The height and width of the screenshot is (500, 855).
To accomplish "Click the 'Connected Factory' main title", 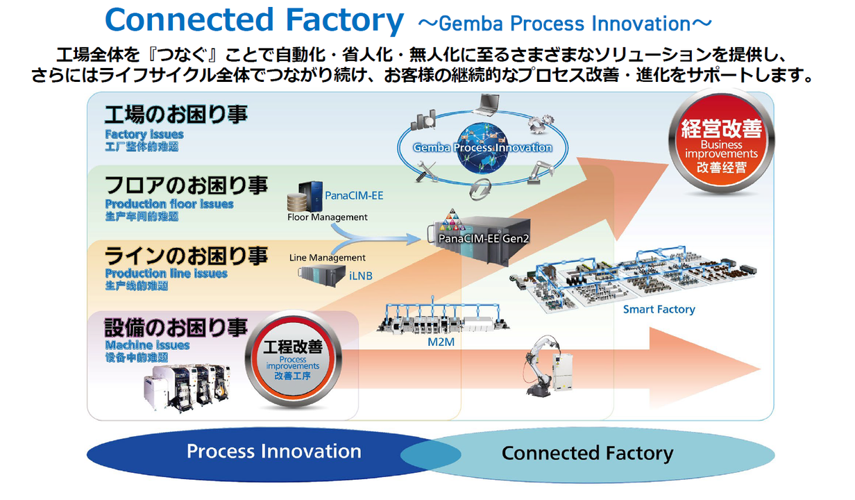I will point(254,21).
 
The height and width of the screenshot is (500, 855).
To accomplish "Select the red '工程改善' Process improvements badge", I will point(292,360).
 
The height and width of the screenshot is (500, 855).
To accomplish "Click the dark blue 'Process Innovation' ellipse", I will point(273,452).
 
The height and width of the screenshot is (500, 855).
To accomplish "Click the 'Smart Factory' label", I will point(658,309).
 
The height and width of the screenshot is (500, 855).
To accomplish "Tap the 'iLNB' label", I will point(360,276).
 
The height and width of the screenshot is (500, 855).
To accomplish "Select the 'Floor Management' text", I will point(327,217).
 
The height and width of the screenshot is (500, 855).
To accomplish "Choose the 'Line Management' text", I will point(327,258).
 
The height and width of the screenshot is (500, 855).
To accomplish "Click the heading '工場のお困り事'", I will point(176,115).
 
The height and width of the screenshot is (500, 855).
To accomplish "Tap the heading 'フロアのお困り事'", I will point(186,185).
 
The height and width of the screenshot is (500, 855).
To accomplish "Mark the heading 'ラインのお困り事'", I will point(186,256).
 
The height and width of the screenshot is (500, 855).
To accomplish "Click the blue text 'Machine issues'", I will point(147,344).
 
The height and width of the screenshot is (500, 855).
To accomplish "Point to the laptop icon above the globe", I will point(486,105).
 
